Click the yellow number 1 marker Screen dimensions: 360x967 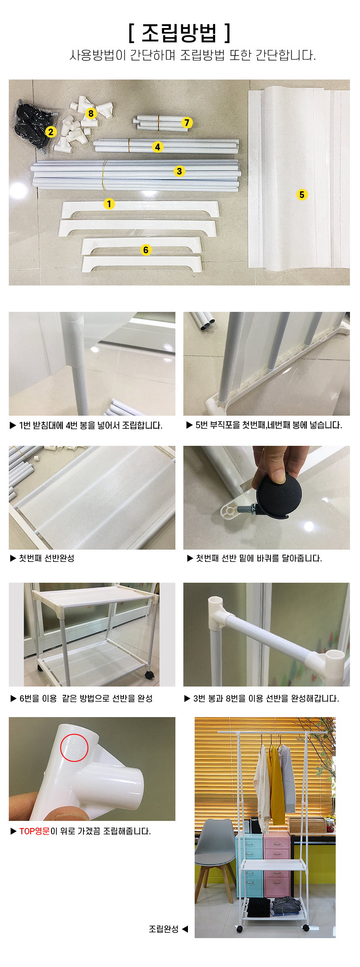coord(109,204)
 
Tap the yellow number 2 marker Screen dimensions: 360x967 coord(51,132)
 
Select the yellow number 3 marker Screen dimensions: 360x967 coord(179,171)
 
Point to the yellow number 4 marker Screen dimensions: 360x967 coord(157,147)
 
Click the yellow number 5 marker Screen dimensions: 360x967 coord(302,195)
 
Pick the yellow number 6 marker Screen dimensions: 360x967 coord(146,250)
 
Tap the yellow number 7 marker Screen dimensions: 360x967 coord(187,123)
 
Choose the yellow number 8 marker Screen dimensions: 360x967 coord(91,113)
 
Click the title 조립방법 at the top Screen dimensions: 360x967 coord(180,33)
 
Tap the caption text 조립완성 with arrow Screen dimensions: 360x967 coord(168,929)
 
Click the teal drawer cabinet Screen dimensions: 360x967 coord(250,864)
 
